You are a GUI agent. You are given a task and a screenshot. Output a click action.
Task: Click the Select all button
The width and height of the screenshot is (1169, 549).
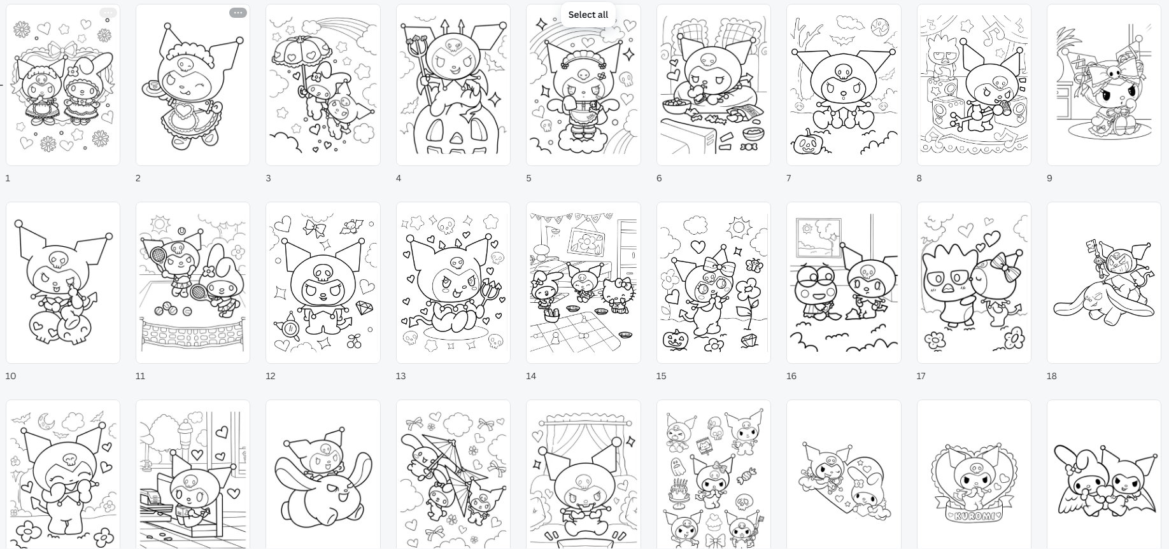(x=588, y=15)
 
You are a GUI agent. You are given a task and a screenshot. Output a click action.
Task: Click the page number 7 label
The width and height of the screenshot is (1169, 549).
(x=789, y=178)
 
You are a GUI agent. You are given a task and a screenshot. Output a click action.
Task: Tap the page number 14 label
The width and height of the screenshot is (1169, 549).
(x=531, y=376)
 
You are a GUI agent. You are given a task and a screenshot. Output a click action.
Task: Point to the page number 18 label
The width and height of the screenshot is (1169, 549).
(x=1051, y=376)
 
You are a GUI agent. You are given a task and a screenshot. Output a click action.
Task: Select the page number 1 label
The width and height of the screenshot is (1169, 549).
(x=8, y=178)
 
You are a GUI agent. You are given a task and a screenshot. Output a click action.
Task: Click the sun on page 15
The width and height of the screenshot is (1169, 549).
(x=739, y=226)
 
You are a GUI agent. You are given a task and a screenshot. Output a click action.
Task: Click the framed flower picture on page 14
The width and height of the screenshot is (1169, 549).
(x=583, y=241)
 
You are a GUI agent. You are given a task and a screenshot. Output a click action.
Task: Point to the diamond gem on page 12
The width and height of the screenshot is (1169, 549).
(x=365, y=307)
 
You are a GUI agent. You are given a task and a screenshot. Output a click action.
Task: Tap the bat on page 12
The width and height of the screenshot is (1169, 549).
(x=351, y=225)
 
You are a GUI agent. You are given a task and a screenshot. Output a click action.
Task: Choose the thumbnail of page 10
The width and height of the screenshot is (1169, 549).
(x=63, y=283)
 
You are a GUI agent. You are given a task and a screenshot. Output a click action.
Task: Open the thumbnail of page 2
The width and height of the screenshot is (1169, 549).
(x=193, y=85)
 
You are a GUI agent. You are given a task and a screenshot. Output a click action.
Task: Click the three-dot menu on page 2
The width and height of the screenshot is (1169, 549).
(x=237, y=13)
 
